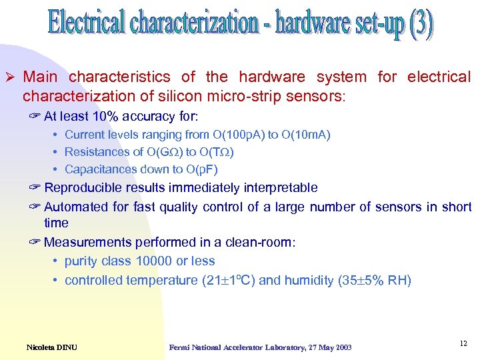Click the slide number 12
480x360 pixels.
point(463,343)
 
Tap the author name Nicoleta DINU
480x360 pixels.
point(52,347)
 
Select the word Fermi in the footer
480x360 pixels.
point(181,347)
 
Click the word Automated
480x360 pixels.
point(73,207)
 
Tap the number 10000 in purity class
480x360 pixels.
point(155,261)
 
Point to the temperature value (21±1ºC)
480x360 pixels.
point(227,280)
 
